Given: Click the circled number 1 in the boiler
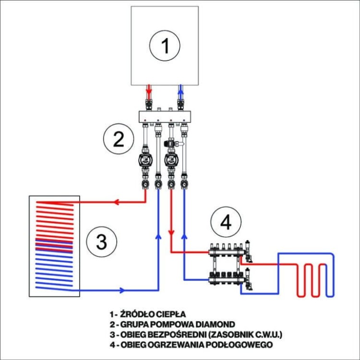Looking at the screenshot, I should (165, 47).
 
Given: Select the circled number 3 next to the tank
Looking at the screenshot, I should (101, 242).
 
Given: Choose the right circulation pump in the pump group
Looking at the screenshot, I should (170, 159).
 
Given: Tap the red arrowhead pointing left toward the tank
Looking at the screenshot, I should (115, 202).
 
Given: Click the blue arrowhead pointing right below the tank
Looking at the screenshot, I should (122, 290).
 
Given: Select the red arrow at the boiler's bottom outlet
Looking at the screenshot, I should (149, 89).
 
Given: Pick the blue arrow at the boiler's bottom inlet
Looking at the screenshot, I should (180, 89).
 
